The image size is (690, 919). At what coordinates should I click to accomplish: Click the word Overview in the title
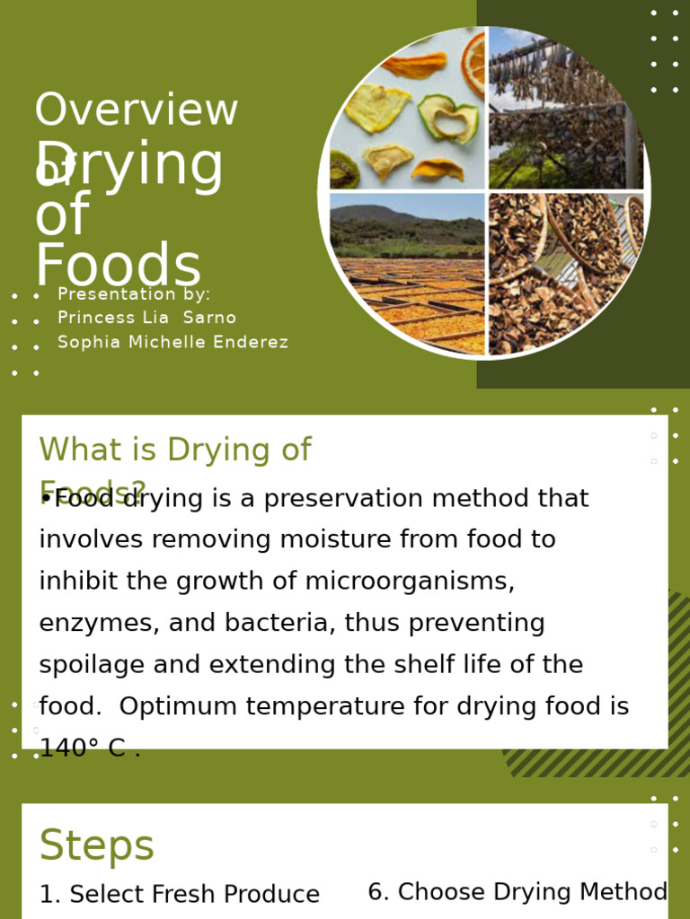point(136,110)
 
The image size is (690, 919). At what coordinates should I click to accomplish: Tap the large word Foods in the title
point(118,267)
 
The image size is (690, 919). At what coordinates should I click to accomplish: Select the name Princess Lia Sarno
point(146,318)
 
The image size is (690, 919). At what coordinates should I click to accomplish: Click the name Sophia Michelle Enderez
point(172,342)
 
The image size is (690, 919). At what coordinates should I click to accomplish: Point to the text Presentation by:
point(134,294)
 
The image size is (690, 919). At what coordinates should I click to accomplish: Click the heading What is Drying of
point(175,450)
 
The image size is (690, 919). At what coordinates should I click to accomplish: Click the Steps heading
point(97,845)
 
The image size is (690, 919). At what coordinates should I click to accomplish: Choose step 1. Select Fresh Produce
point(179,895)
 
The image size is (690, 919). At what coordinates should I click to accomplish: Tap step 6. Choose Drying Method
point(517,892)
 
